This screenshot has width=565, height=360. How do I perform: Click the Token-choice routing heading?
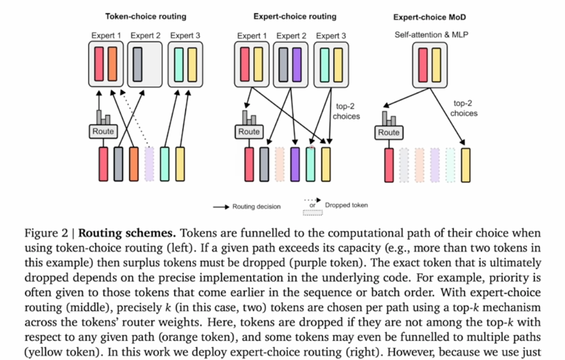146,16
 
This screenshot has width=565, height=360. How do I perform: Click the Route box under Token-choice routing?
103,131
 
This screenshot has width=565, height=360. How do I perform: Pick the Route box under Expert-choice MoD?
389,132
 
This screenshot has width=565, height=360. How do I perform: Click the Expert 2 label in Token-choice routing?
146,36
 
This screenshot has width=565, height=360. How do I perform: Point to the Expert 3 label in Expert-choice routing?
331,36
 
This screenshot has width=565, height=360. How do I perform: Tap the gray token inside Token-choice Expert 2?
138,64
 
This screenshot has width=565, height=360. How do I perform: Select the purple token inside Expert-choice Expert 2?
297,64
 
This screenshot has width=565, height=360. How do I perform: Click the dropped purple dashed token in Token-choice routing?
149,164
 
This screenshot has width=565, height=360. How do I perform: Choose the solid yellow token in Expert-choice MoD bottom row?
465,165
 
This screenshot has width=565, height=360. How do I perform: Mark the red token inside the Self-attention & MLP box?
422,64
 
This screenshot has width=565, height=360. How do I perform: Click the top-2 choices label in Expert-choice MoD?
464,109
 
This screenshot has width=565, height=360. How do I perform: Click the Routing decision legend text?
256,207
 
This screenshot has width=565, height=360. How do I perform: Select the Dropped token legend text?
346,205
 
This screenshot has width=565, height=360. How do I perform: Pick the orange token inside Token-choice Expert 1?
112,64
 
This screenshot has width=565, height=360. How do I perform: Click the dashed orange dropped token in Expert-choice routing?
280,164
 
